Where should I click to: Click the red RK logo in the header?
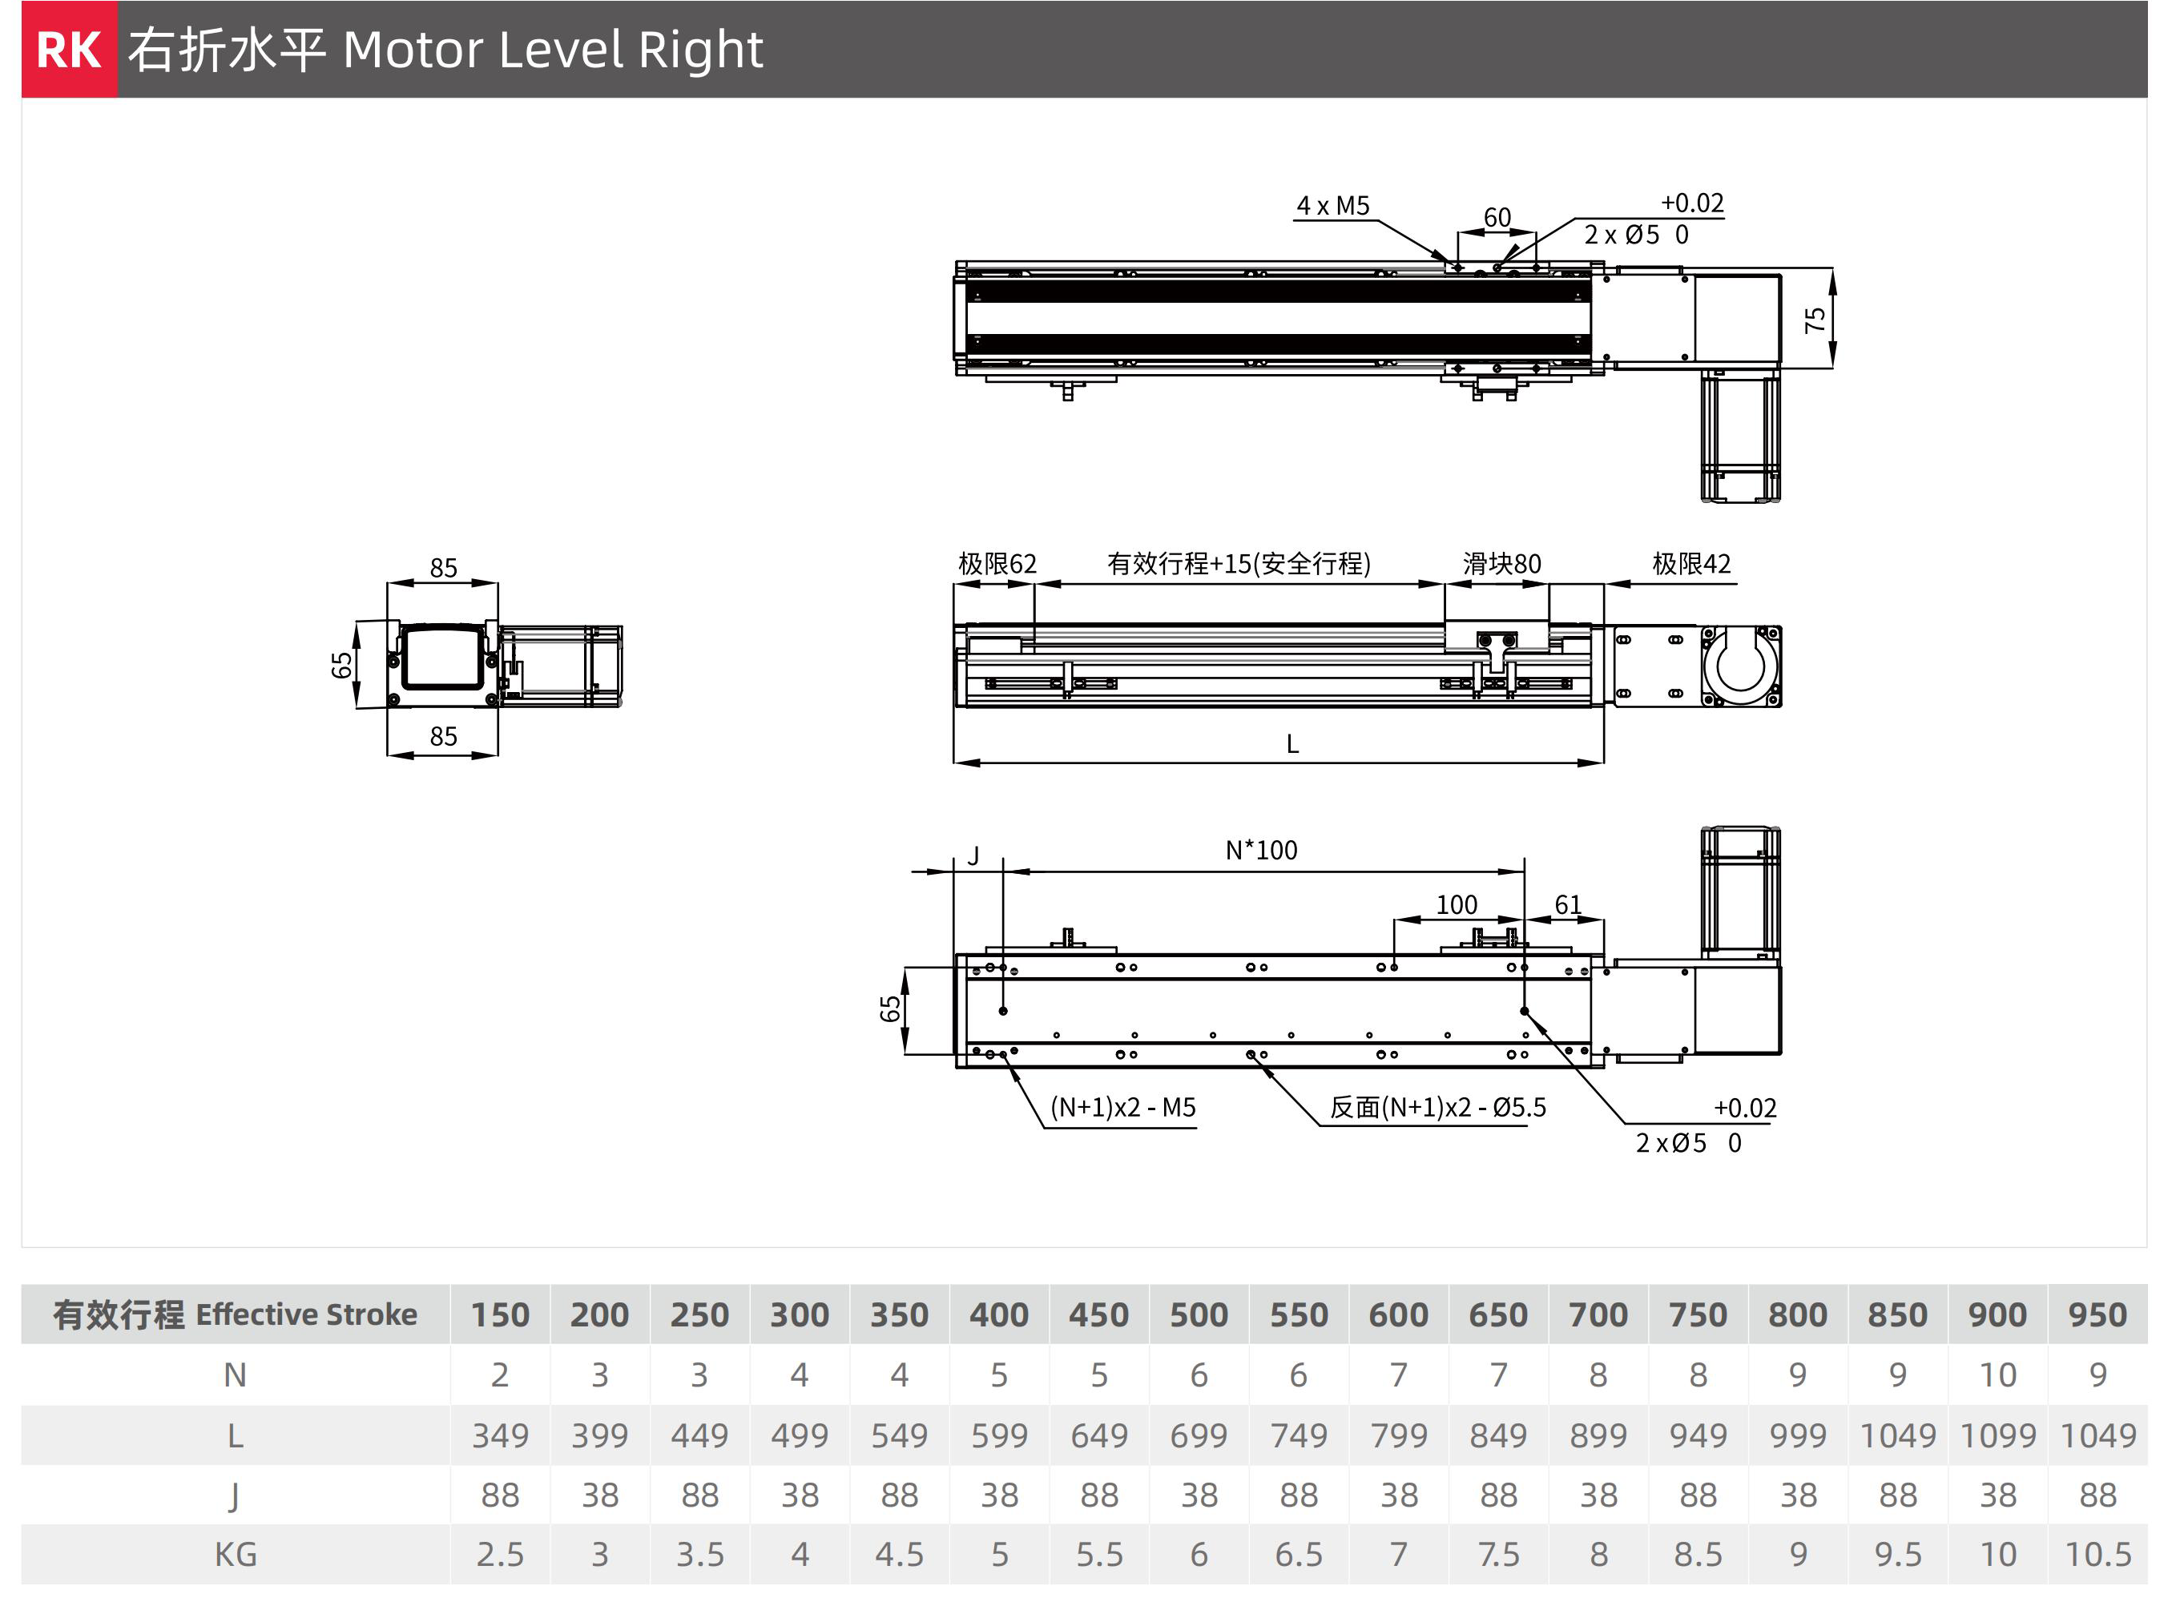[x=69, y=49]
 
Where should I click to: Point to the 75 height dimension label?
[x=1815, y=319]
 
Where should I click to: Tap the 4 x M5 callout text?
[x=1332, y=205]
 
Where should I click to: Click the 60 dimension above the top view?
[x=1497, y=217]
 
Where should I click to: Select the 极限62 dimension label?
[x=997, y=564]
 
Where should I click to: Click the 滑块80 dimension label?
[x=1501, y=564]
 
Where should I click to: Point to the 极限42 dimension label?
[x=1691, y=564]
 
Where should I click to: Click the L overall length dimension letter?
[x=1292, y=744]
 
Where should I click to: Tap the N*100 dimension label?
[x=1261, y=851]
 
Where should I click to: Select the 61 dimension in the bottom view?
[x=1567, y=904]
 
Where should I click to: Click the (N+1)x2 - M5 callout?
[x=1122, y=1108]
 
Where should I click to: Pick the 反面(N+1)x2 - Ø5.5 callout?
[x=1437, y=1108]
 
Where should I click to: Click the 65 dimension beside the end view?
[x=341, y=666]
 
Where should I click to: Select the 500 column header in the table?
[x=1198, y=1314]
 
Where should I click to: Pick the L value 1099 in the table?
[x=1997, y=1435]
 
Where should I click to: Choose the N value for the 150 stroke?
[x=500, y=1375]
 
